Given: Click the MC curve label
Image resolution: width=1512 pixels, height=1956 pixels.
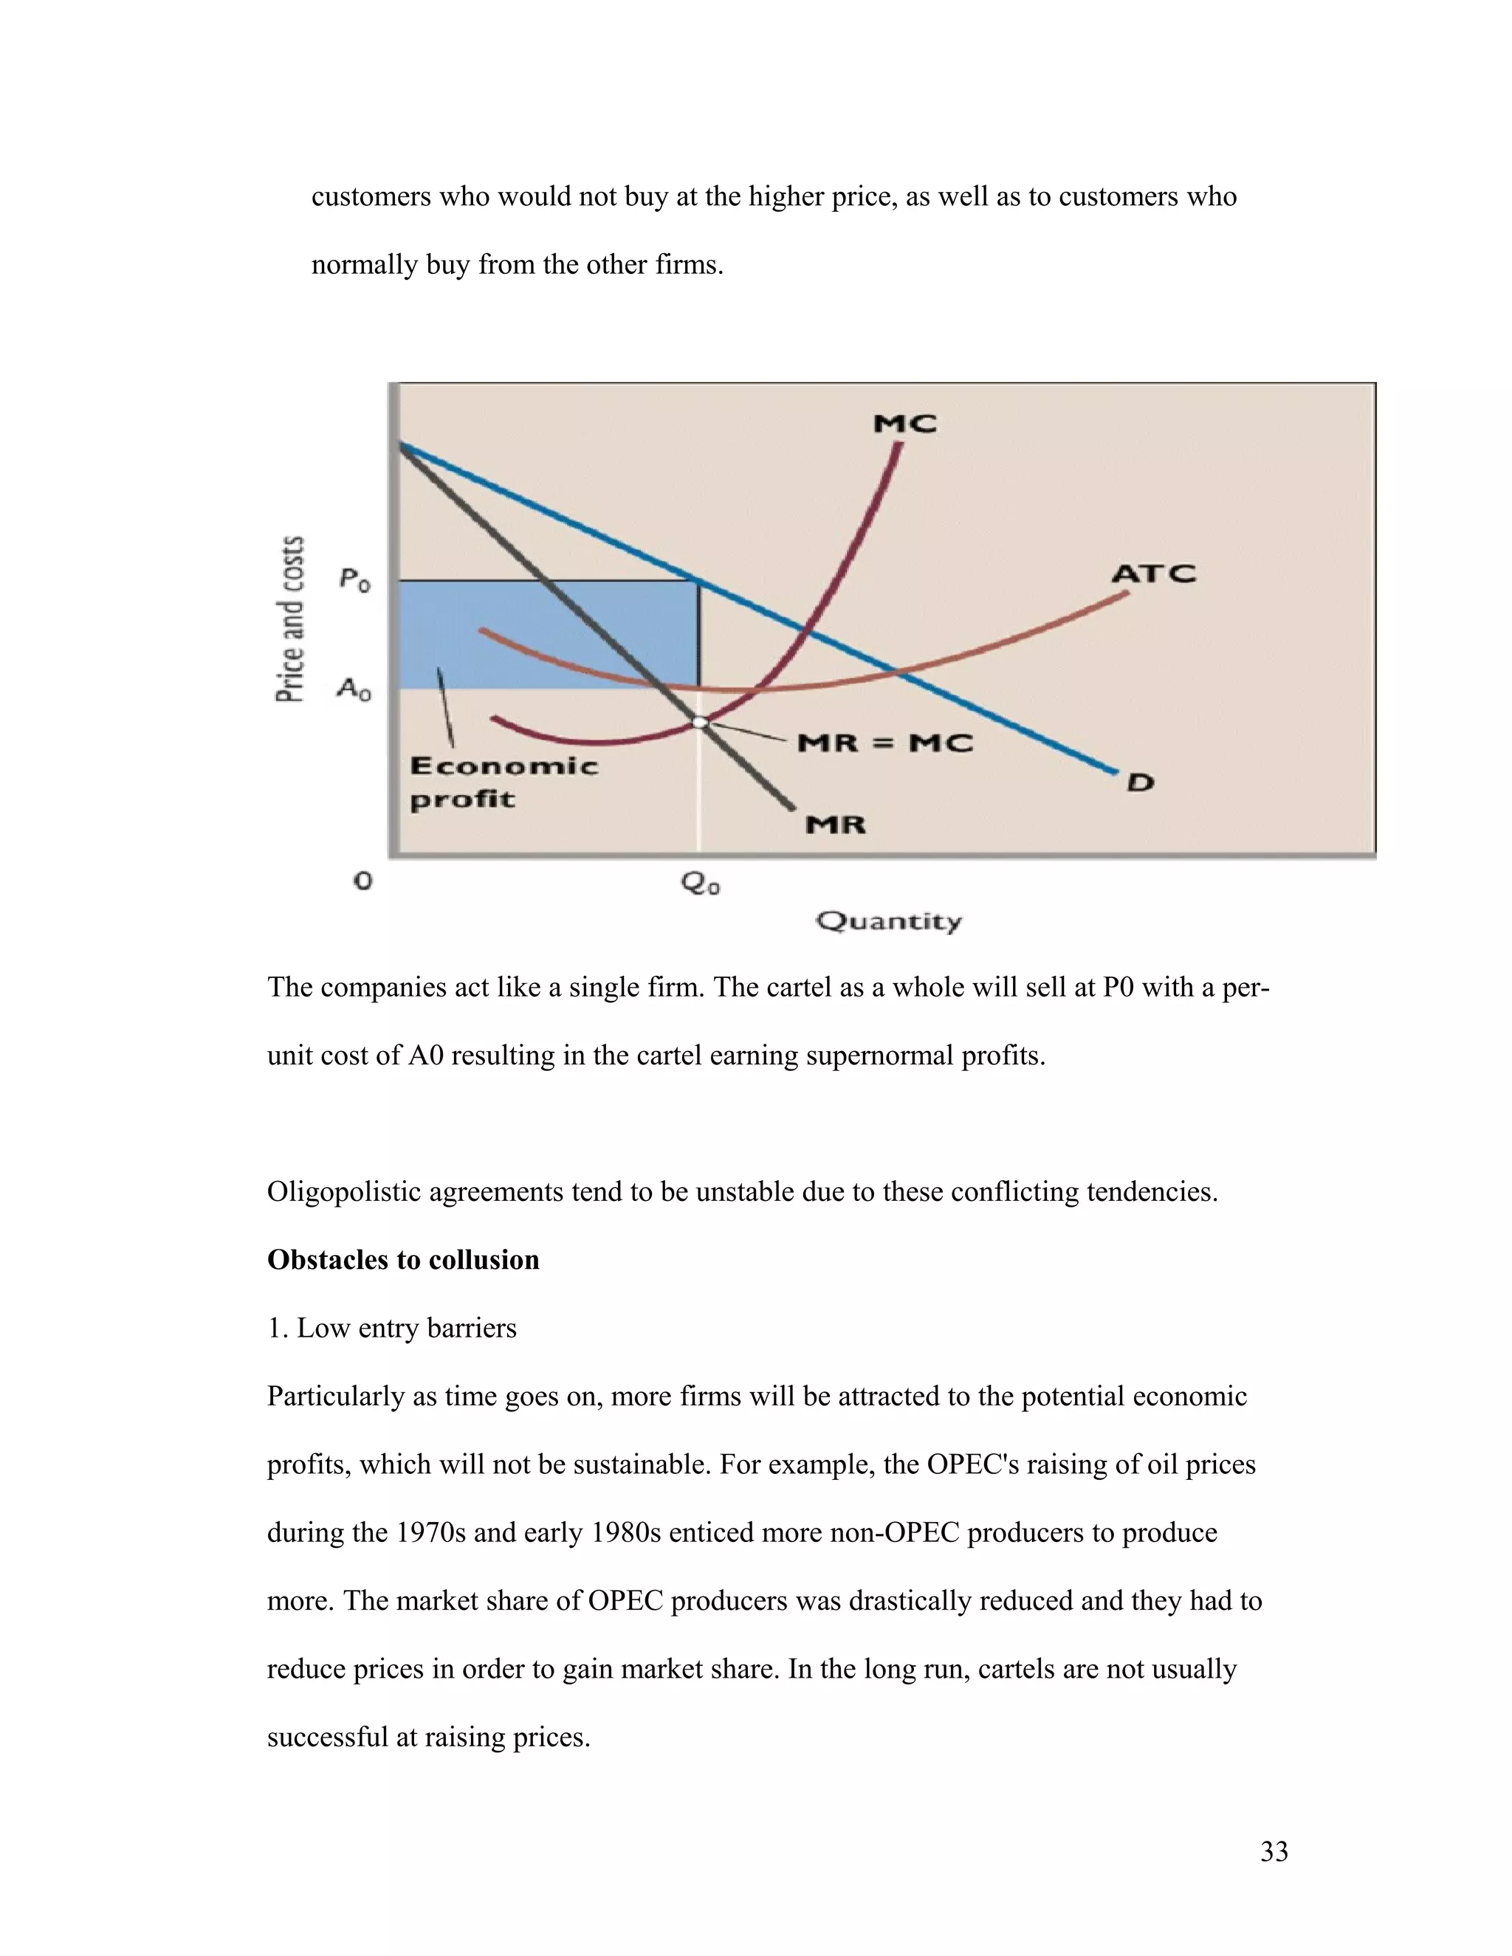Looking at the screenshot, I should pos(904,424).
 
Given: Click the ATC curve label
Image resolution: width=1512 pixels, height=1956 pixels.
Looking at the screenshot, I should pos(1152,574).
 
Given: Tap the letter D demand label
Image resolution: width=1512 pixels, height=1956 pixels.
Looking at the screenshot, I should pos(1139,782).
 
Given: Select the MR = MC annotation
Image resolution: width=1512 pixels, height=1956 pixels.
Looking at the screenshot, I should pos(884,743).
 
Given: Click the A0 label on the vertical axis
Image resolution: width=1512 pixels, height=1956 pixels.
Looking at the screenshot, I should pos(354,689).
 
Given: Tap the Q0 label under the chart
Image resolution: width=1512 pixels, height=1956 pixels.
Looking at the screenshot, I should pos(701,884).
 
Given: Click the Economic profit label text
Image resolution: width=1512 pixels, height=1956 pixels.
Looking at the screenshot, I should pos(504,782).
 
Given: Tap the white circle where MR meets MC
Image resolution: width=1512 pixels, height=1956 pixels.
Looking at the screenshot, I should pos(701,722).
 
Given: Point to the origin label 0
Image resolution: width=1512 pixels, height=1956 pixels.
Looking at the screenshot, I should pos(362,881).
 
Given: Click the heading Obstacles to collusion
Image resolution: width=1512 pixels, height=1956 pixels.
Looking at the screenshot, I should pos(403,1259).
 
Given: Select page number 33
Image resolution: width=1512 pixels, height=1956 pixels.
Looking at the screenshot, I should pos(1274,1851).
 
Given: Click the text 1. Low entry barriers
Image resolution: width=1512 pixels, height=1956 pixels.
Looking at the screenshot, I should pos(391,1327).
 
